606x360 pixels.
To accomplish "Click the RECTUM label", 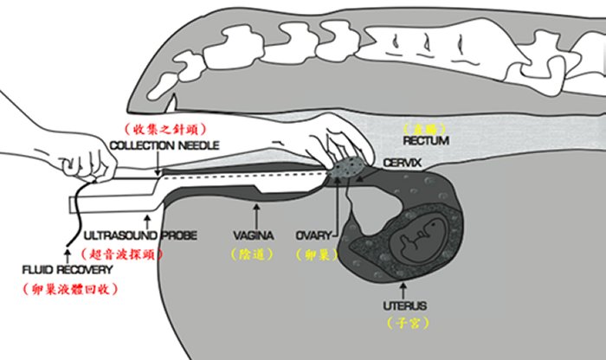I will click(x=426, y=140).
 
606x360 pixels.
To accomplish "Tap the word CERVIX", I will click(x=402, y=163).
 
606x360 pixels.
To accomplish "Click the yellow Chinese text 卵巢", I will click(x=311, y=254).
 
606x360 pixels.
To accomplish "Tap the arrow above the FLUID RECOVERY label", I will click(x=63, y=249).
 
